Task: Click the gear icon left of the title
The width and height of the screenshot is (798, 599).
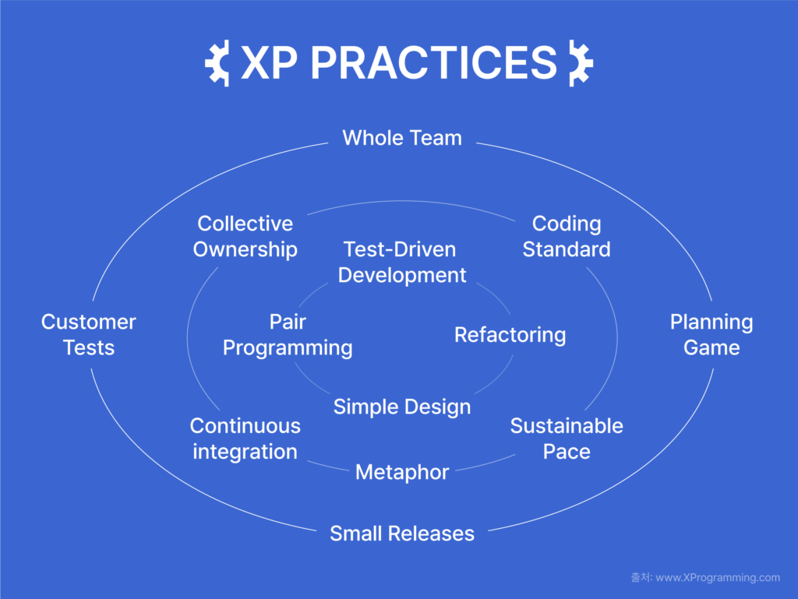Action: pyautogui.click(x=217, y=63)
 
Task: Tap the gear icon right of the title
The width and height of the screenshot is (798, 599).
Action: pyautogui.click(x=581, y=63)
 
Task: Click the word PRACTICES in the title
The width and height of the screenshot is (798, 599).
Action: pyautogui.click(x=433, y=62)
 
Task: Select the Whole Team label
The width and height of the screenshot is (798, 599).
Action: pyautogui.click(x=402, y=138)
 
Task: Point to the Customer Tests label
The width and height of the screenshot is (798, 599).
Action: pyautogui.click(x=89, y=335)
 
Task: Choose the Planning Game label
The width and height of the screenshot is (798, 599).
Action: pyautogui.click(x=711, y=335)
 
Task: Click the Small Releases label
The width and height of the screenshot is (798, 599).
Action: pyautogui.click(x=402, y=534)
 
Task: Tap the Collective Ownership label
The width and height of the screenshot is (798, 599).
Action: pyautogui.click(x=245, y=237)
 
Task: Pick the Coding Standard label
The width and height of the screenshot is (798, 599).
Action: pyautogui.click(x=567, y=237)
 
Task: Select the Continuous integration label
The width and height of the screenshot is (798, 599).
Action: pyautogui.click(x=245, y=439)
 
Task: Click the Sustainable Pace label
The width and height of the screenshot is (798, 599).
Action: pyautogui.click(x=567, y=439)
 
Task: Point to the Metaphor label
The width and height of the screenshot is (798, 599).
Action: pyautogui.click(x=402, y=472)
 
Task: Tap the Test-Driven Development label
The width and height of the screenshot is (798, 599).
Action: pyautogui.click(x=402, y=263)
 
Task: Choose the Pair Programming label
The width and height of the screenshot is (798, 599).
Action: pyautogui.click(x=288, y=335)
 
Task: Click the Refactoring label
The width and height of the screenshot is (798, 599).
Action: pyautogui.click(x=510, y=335)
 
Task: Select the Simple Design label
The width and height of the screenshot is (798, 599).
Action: pyautogui.click(x=402, y=407)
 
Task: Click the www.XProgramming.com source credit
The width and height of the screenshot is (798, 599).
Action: pyautogui.click(x=718, y=578)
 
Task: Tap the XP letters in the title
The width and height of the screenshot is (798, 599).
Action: pyautogui.click(x=269, y=62)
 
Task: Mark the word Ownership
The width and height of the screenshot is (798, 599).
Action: pyautogui.click(x=245, y=250)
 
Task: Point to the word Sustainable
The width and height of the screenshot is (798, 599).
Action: pyautogui.click(x=567, y=425)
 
